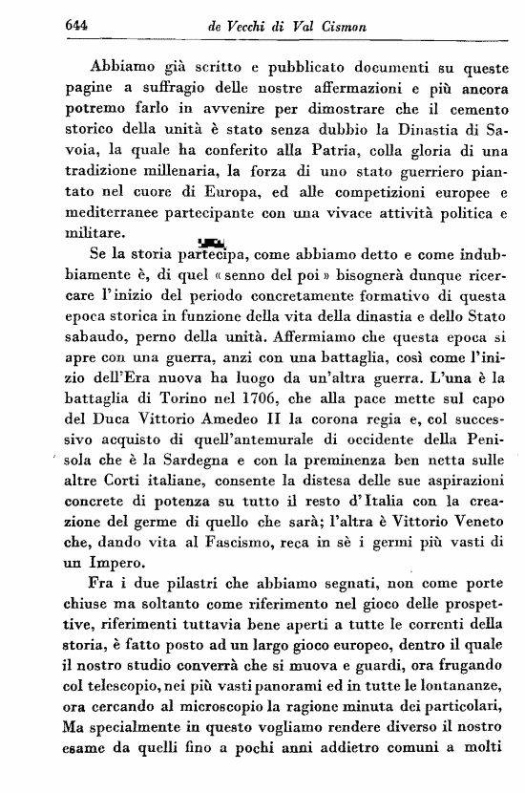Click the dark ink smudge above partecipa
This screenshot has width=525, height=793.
tap(210, 242)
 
